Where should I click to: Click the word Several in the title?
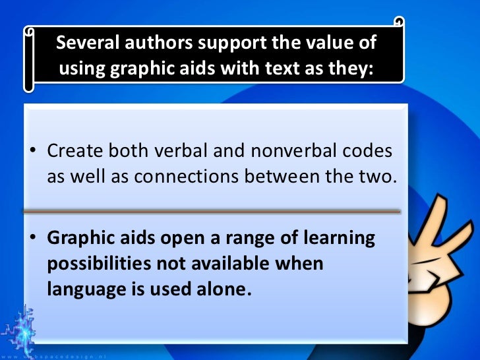pyautogui.click(x=84, y=44)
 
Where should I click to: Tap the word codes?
pyautogui.click(x=368, y=151)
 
